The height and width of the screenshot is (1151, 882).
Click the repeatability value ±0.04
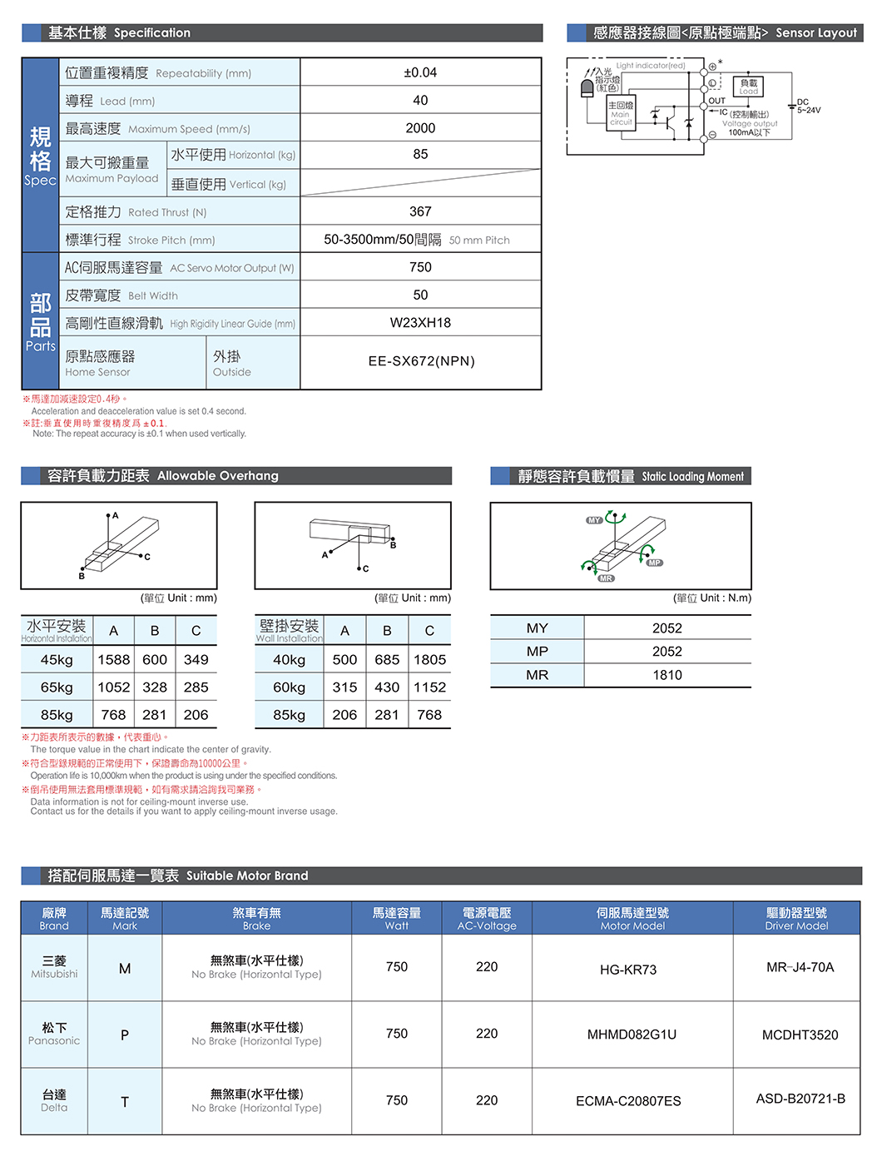tap(420, 72)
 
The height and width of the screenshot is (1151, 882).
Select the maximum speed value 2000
tap(420, 128)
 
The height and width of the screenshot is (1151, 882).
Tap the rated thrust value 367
tap(420, 211)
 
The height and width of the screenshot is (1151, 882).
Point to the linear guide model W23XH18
tap(420, 323)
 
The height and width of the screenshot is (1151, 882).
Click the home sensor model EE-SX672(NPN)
tap(421, 361)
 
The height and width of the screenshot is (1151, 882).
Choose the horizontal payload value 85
tap(420, 155)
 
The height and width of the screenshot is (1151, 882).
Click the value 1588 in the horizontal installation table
tap(114, 660)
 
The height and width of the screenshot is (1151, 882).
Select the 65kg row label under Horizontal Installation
tap(57, 687)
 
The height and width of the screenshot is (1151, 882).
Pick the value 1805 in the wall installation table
tap(429, 660)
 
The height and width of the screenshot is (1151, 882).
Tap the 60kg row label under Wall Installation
tap(289, 687)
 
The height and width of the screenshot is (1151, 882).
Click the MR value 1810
tap(666, 675)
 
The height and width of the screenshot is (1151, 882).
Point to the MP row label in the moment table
tap(537, 652)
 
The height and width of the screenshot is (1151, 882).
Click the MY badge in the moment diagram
tap(593, 520)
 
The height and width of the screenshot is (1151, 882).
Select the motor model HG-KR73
tap(628, 970)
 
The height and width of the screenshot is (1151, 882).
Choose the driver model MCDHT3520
tap(800, 1035)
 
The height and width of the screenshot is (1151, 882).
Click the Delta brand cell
tap(54, 1100)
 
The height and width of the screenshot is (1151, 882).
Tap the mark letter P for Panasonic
tap(125, 1035)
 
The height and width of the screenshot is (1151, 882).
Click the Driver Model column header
tap(796, 919)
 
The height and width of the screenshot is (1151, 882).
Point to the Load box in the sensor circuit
tap(749, 87)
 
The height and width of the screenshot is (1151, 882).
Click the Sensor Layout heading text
tap(815, 32)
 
